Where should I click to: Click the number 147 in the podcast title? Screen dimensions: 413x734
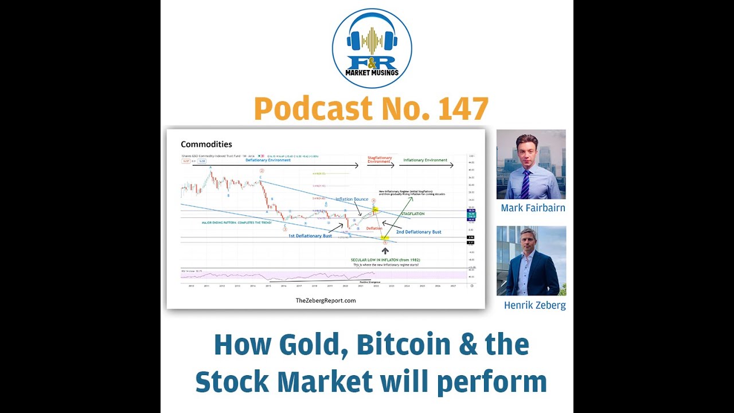point(463,108)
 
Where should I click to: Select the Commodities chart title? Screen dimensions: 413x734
point(206,145)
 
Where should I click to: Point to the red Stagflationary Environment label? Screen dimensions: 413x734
point(379,159)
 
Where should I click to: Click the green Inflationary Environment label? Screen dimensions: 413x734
point(425,161)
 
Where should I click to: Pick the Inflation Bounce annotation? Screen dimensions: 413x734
point(352,199)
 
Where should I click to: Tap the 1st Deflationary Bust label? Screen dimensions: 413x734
point(310,236)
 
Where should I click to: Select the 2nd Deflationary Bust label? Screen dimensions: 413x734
point(419,232)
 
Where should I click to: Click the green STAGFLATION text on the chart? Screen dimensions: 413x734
point(412,214)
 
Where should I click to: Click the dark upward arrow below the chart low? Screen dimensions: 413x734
point(385,251)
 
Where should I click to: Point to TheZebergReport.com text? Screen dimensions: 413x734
point(326,301)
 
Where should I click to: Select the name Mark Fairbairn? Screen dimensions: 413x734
point(533,208)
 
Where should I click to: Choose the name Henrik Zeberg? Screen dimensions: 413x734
point(534,306)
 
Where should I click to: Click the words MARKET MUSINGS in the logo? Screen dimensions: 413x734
point(372,73)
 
